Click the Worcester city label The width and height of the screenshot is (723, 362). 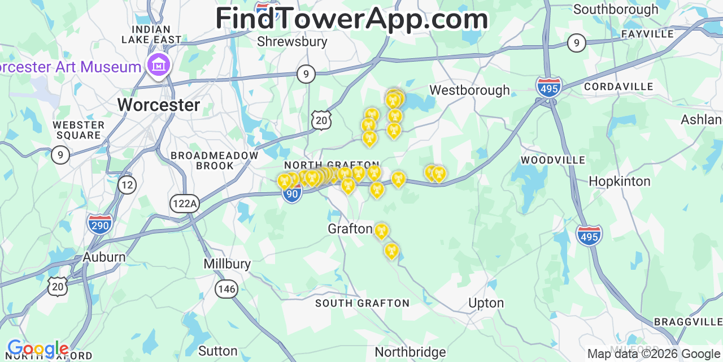[158, 105]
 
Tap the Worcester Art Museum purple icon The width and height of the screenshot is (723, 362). [159, 65]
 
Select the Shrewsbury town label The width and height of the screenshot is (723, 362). [292, 41]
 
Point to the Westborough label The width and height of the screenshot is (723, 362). [469, 90]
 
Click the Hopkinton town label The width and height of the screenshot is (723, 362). [619, 181]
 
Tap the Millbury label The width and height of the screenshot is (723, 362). [227, 264]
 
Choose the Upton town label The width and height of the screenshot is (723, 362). [486, 303]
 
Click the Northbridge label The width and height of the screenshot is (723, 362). [410, 352]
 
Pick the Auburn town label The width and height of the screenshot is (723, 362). [104, 257]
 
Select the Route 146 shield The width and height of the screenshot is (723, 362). [226, 289]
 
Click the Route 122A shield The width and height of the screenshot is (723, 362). [185, 204]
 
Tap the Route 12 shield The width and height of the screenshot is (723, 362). [128, 184]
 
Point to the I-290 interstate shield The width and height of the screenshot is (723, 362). [99, 223]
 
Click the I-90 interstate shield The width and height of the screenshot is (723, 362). [292, 195]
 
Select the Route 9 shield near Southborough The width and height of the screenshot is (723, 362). [576, 42]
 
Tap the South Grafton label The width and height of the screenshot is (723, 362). [362, 303]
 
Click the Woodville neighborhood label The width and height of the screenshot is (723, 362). [553, 160]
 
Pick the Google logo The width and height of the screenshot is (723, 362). [38, 349]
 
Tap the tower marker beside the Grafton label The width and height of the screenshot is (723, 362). [381, 231]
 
